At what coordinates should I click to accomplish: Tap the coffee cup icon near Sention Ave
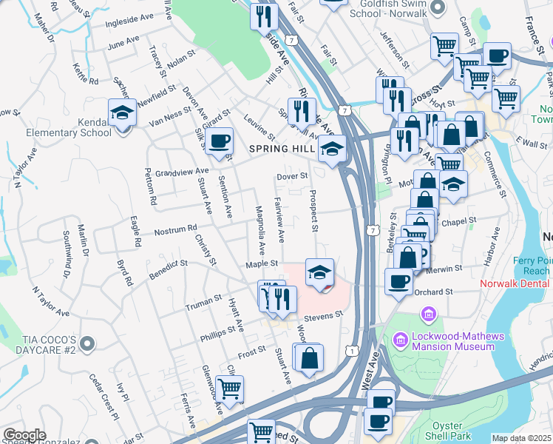coord(218,141)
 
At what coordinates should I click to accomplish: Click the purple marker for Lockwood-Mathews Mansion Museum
coord(401,340)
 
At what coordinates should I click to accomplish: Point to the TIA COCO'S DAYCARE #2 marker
coord(87,343)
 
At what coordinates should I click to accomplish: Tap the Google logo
coord(24,435)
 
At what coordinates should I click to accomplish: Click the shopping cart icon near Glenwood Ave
coord(230,387)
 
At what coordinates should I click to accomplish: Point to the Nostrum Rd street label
coord(175,231)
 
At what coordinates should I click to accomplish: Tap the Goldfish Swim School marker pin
coord(437,7)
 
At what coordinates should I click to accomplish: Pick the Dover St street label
coord(291,177)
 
